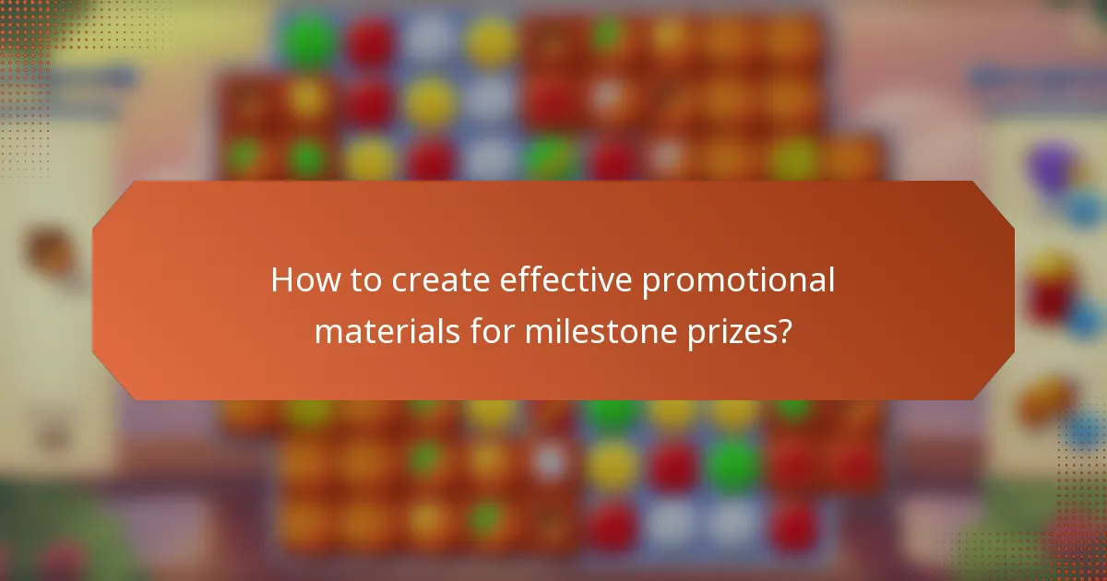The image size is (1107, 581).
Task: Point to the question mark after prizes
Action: pos(784,330)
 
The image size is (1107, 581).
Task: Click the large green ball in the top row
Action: pos(308,39)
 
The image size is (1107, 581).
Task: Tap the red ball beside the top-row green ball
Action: pos(369,39)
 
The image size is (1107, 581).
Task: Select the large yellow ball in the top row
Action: pos(489,39)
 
